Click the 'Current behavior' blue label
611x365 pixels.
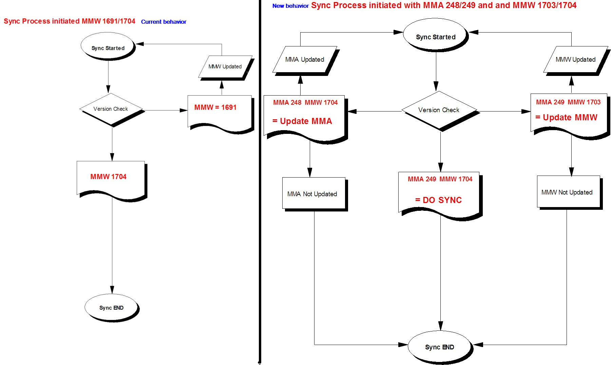click(x=164, y=22)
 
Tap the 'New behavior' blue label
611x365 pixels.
click(x=290, y=6)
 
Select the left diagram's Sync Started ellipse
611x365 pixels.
click(x=108, y=47)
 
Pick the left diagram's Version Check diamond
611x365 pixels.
click(x=111, y=109)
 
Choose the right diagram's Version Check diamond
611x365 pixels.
click(x=439, y=110)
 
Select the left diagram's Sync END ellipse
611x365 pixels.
click(x=111, y=307)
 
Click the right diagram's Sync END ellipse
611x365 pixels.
click(x=439, y=347)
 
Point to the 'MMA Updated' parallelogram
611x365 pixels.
click(x=305, y=60)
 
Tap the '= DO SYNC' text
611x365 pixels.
click(x=438, y=200)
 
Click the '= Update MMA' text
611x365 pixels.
click(x=302, y=121)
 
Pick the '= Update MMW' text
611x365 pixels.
click(x=566, y=118)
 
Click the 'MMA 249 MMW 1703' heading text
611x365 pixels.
click(x=568, y=102)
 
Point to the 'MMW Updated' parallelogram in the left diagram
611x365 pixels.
click(x=225, y=67)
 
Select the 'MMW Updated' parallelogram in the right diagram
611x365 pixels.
click(x=575, y=60)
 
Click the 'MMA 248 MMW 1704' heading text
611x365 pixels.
click(x=305, y=102)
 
